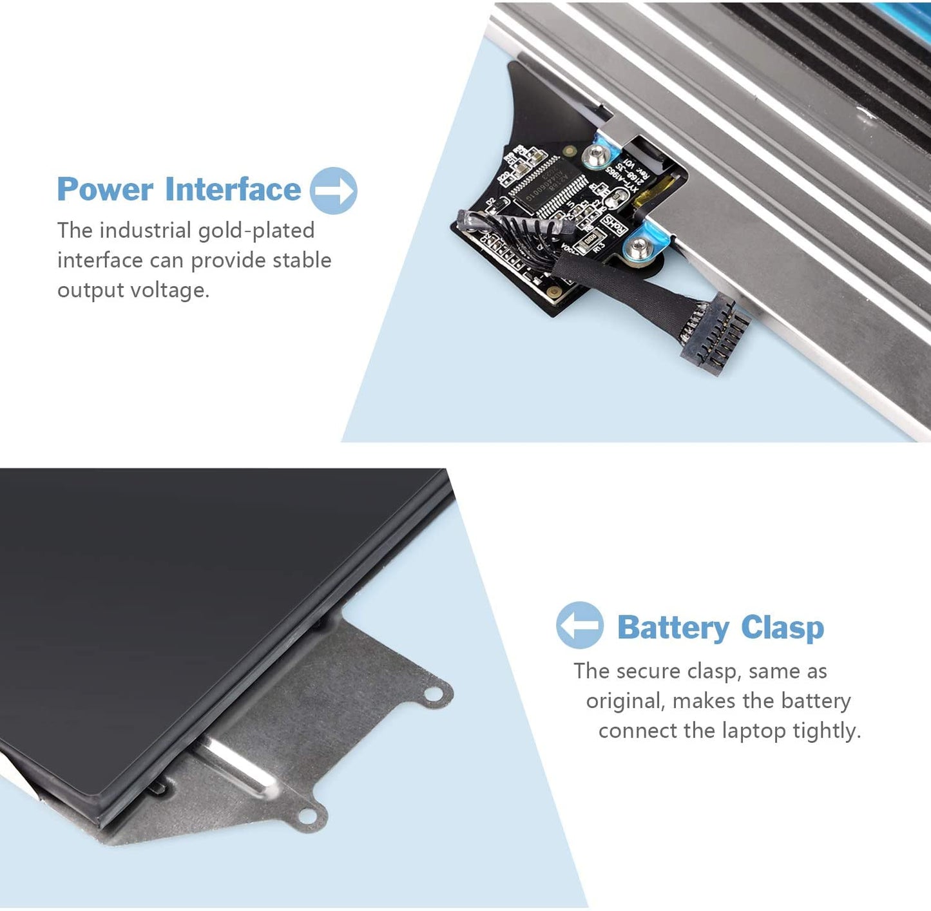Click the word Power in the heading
(x=105, y=189)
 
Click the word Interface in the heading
(x=233, y=189)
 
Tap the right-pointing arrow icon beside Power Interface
(x=333, y=190)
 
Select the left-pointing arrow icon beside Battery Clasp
(x=579, y=624)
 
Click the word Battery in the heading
(x=673, y=628)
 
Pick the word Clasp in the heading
(x=782, y=628)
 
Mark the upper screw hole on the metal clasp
(x=433, y=694)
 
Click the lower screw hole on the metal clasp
(x=307, y=816)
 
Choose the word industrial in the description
(x=145, y=231)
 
